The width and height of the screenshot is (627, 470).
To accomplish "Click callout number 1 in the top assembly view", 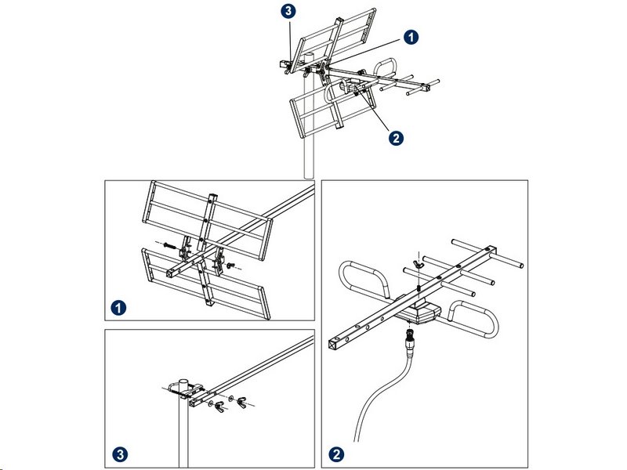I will click(410, 36).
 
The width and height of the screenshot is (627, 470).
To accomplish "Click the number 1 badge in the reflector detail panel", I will click(118, 307).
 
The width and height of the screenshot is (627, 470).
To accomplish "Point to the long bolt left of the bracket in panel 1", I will click(170, 245).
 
